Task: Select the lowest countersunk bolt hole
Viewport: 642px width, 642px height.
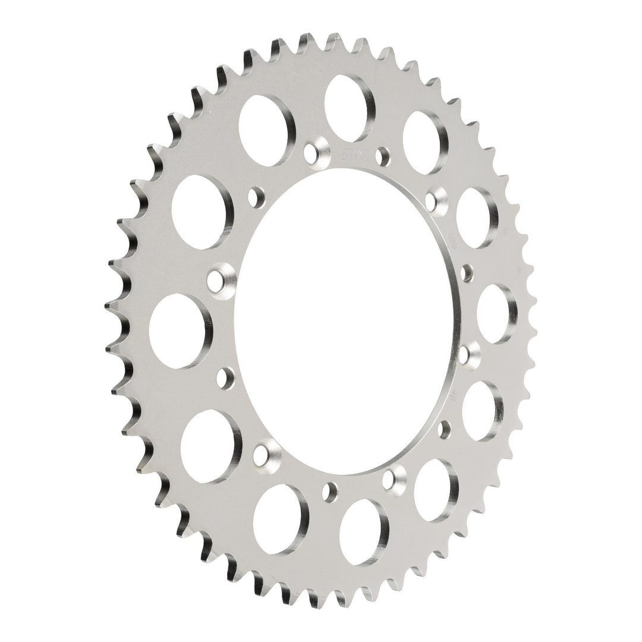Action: tap(393, 476)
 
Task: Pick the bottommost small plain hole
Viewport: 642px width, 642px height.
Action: tap(329, 491)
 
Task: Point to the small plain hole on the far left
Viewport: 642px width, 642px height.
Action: tap(225, 376)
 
